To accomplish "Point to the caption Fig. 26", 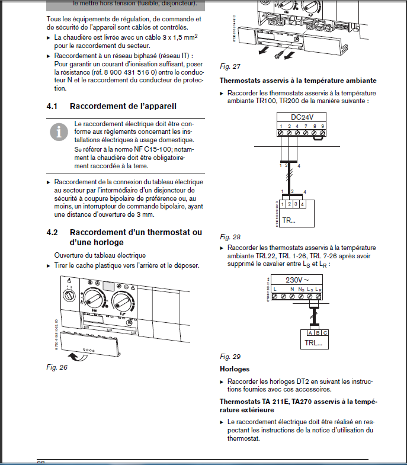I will pyautogui.click(x=57, y=367).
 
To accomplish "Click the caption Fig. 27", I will pyautogui.click(x=230, y=65).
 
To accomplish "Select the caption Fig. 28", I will pyautogui.click(x=230, y=236).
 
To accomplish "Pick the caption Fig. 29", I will pyautogui.click(x=230, y=357).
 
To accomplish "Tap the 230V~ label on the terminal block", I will pyautogui.click(x=298, y=280).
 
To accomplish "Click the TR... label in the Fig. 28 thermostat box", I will pyautogui.click(x=289, y=220).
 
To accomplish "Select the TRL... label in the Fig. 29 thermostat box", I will pyautogui.click(x=313, y=343).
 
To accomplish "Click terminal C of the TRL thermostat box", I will pyautogui.click(x=325, y=333).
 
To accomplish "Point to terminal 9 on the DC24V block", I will pyautogui.click(x=322, y=126).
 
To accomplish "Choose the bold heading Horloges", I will pyautogui.click(x=234, y=369).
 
